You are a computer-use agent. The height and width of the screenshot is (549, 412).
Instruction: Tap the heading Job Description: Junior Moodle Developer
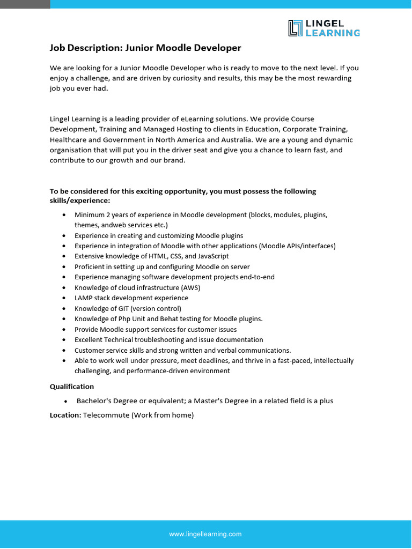click(x=145, y=48)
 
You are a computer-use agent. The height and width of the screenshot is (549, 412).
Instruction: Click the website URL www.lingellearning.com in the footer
click(x=205, y=534)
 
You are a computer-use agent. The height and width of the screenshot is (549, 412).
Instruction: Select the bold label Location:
click(x=65, y=415)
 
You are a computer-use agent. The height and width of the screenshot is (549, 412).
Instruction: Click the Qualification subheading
click(x=72, y=387)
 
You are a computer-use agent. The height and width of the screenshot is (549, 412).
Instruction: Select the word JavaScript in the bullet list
click(x=214, y=256)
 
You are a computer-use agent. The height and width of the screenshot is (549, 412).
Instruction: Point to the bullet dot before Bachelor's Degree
click(x=65, y=401)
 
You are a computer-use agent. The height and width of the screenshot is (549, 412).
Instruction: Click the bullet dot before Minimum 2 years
click(x=64, y=214)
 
